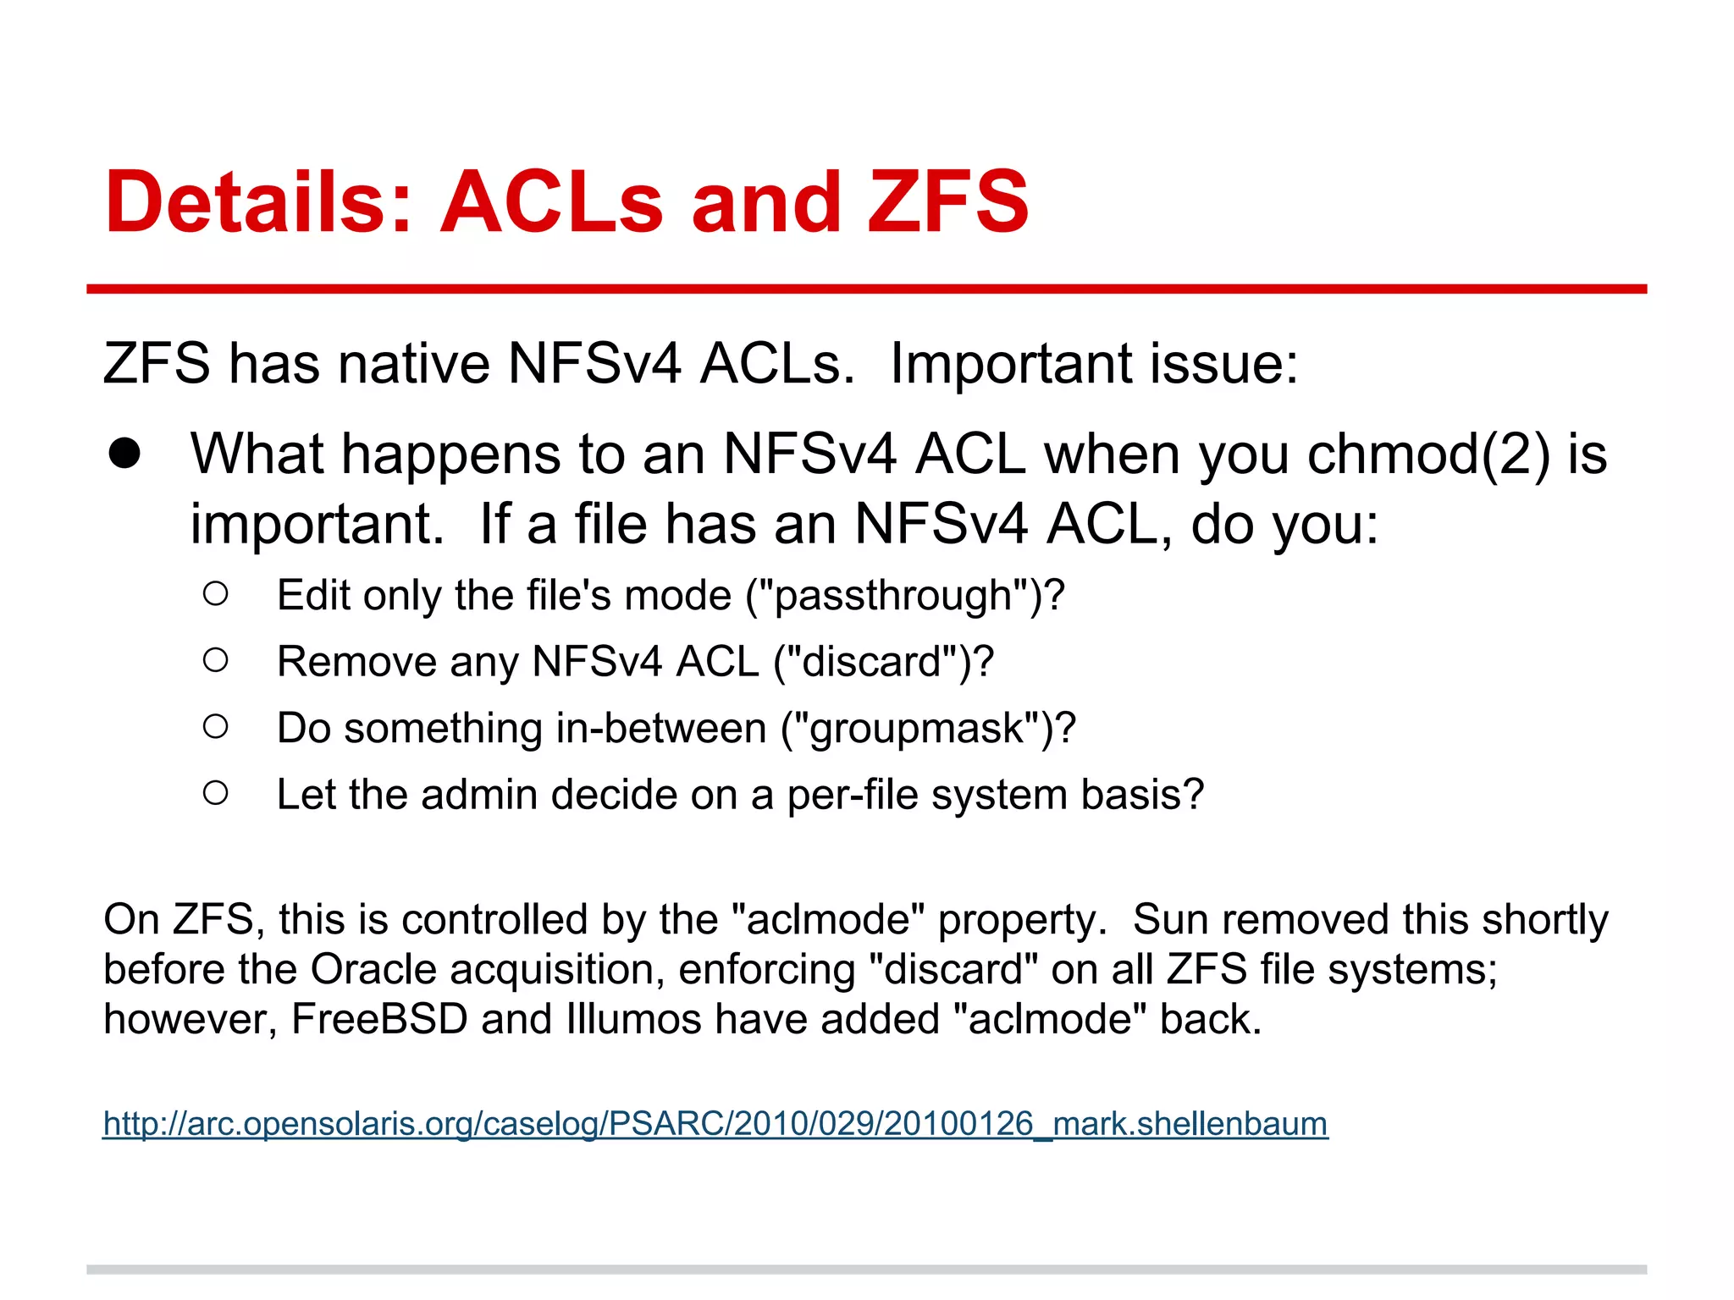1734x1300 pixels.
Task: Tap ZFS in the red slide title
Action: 947,203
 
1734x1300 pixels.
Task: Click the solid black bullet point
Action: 125,454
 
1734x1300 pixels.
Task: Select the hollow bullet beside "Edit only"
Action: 216,594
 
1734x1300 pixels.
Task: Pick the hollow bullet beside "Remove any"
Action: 216,660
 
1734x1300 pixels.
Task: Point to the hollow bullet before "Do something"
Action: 216,726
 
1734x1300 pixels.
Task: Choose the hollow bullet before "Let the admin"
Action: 216,793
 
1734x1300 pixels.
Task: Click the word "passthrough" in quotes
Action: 894,596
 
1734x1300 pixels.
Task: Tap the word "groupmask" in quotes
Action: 919,729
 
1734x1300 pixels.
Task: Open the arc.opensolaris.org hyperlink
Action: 715,1124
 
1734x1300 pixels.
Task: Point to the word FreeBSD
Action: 379,1020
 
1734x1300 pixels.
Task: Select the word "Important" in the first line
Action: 1012,364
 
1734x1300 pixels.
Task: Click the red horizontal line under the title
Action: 866,289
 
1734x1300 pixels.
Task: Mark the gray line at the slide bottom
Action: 866,1270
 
